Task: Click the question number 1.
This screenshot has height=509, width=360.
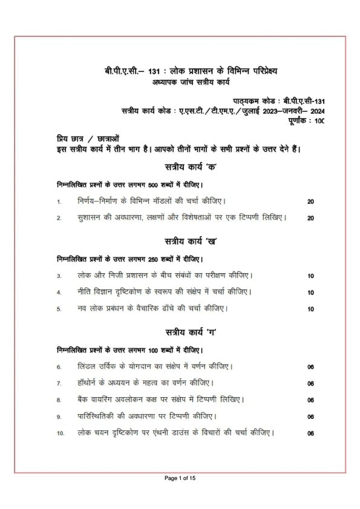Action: pyautogui.click(x=59, y=201)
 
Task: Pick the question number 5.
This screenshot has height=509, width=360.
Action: pyautogui.click(x=59, y=309)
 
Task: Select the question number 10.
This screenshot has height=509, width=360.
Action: pyautogui.click(x=61, y=433)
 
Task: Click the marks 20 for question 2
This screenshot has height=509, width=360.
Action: pyautogui.click(x=310, y=218)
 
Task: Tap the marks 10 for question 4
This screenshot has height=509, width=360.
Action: pyautogui.click(x=310, y=293)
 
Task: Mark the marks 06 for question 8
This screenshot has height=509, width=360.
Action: pyautogui.click(x=310, y=400)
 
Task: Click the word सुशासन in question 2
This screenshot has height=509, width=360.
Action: pyautogui.click(x=91, y=217)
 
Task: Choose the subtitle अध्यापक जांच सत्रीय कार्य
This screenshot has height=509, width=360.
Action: pyautogui.click(x=192, y=82)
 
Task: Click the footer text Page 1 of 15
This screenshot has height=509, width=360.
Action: pyautogui.click(x=180, y=479)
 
